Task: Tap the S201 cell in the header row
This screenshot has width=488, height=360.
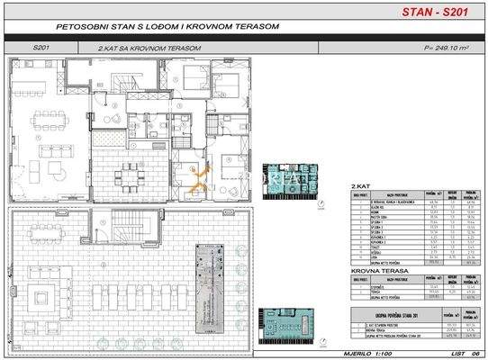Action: (x=41, y=47)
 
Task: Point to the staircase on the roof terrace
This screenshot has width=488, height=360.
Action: (x=126, y=229)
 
